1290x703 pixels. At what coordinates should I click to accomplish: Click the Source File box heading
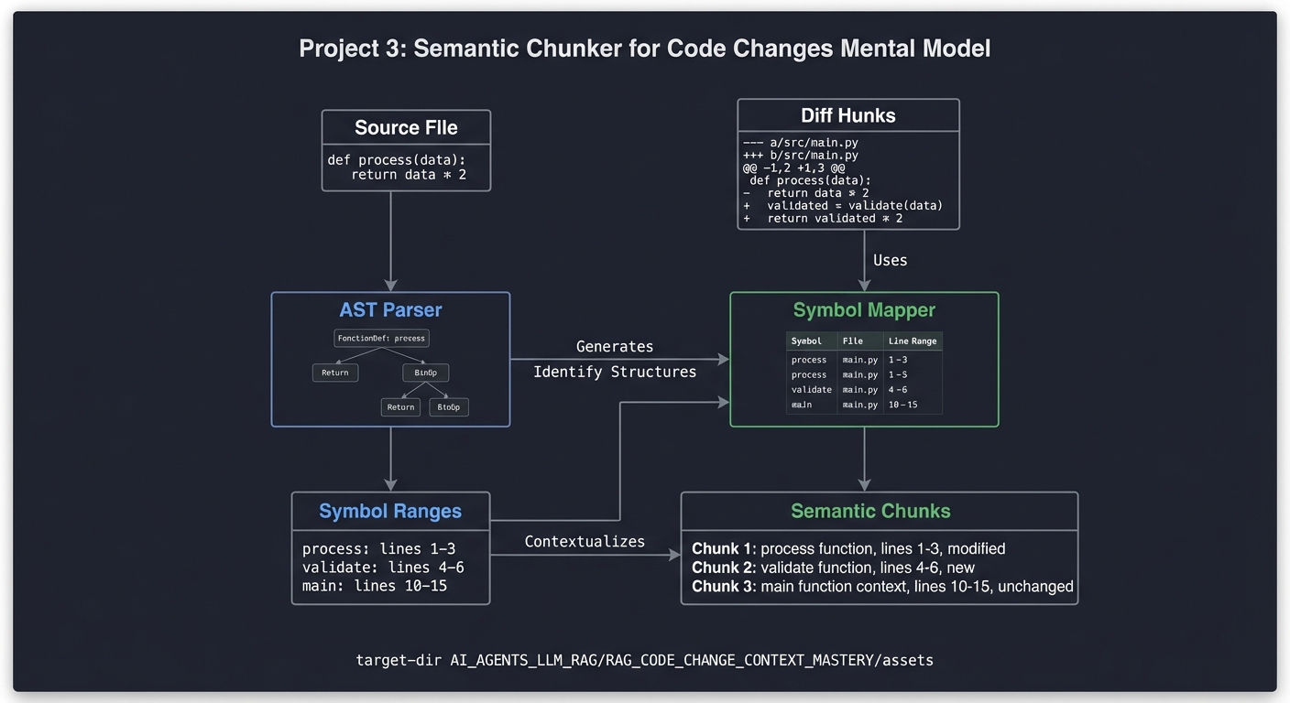coord(406,127)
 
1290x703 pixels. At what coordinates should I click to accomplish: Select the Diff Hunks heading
coord(847,115)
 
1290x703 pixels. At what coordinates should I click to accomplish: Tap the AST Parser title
coord(390,310)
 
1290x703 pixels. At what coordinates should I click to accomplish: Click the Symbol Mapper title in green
coord(864,310)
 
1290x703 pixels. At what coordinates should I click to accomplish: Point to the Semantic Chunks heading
coord(870,511)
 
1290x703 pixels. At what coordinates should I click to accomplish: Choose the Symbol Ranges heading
coord(390,511)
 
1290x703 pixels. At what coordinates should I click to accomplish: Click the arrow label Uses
coord(890,260)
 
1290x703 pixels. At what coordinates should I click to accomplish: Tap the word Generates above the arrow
coord(615,346)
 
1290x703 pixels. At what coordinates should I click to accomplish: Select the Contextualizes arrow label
coord(585,541)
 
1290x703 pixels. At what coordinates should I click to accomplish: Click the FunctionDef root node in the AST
coord(381,338)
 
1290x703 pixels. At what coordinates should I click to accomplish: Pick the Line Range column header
coord(913,341)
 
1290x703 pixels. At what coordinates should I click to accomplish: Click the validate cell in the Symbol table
coord(811,389)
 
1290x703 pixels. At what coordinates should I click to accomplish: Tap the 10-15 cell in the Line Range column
coord(902,404)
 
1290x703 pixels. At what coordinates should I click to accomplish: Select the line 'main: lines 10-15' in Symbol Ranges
coord(375,585)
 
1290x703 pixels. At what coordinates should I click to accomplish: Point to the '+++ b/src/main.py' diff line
coord(800,156)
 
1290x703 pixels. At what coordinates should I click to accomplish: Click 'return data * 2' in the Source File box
coord(409,174)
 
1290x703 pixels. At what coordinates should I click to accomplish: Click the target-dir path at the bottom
coord(644,659)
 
